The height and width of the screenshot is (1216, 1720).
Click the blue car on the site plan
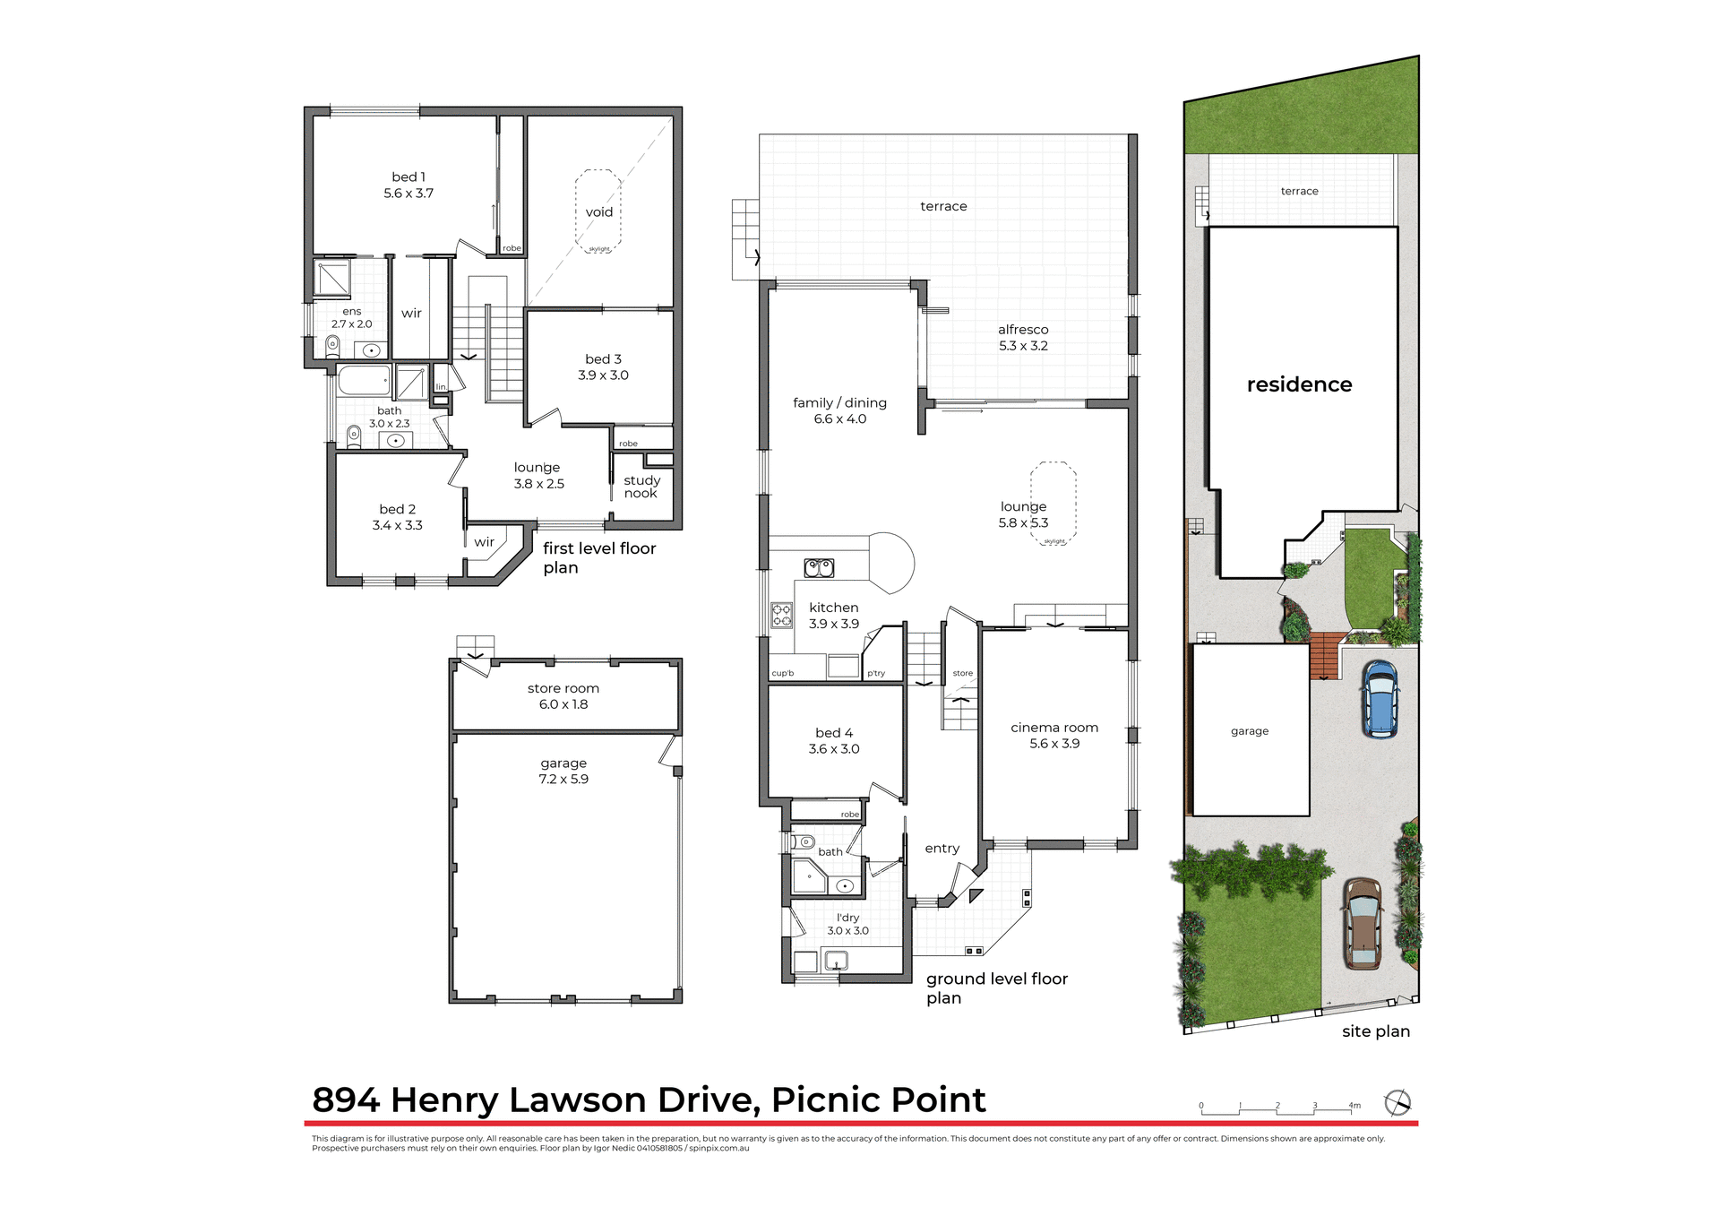click(x=1380, y=699)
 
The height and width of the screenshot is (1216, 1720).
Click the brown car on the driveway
click(x=1363, y=924)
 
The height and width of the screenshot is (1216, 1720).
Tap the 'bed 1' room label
click(x=408, y=177)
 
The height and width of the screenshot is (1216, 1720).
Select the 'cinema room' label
click(x=1054, y=728)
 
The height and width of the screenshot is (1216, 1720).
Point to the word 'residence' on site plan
click(x=1299, y=384)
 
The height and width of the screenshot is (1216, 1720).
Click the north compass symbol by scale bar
click(x=1397, y=1102)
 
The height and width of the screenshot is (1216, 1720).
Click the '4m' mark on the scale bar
click(x=1354, y=1106)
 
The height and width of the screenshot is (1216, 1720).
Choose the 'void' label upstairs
click(x=599, y=212)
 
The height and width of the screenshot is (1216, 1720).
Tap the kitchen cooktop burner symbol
click(x=782, y=615)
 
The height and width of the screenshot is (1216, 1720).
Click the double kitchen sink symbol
click(x=819, y=567)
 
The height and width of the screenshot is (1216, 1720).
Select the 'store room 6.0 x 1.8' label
click(x=563, y=696)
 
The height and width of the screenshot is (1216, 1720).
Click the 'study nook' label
click(x=641, y=487)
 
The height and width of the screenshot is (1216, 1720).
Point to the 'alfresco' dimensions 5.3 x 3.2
click(x=1023, y=346)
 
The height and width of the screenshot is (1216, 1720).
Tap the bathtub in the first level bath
click(x=365, y=380)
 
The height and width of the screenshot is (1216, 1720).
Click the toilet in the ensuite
click(x=332, y=344)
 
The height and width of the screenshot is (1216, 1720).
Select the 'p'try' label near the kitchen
click(x=876, y=673)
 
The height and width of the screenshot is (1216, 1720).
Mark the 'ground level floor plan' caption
click(x=996, y=987)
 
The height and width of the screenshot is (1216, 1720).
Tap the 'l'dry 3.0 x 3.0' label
click(x=847, y=924)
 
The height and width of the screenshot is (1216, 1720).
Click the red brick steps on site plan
click(x=1325, y=656)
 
